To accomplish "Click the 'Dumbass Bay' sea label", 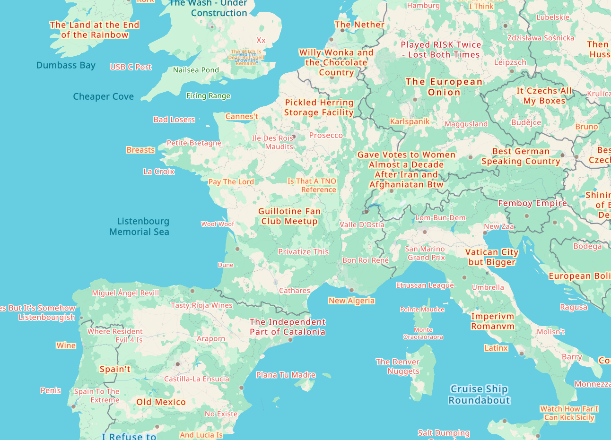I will pos(66,65).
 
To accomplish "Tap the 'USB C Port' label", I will pos(131,67).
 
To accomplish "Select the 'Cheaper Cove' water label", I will pos(103,96).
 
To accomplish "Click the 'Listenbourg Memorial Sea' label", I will pos(139,226).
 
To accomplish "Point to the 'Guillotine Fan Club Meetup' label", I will pos(289,216).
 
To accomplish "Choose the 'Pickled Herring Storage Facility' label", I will pos(319,107).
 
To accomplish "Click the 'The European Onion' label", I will pos(444,87).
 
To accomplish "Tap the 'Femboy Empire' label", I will pos(532,203).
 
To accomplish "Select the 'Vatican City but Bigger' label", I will pos(492,257).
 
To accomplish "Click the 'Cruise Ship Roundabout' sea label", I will pos(479,395).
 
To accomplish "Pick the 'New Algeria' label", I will pos(351,301).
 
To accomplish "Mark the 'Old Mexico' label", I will pos(161,402).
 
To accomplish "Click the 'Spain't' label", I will pos(115,369).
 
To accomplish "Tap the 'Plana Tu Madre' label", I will pos(286,375).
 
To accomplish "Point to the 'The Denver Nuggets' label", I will pos(398,366).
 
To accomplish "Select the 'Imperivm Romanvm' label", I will pos(492,321).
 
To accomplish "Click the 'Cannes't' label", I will pos(242,116).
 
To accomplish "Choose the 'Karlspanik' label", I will pos(410,121).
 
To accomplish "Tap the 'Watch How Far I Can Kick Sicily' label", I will pos(569,413).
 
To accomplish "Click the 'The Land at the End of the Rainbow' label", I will pos(95,30).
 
